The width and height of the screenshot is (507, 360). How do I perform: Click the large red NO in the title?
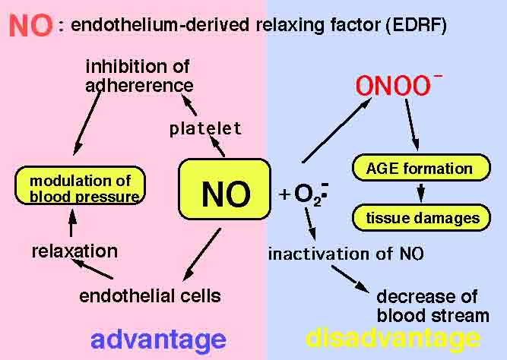30,25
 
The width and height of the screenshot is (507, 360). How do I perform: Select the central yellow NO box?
224,194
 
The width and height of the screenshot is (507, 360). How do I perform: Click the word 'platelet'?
205,128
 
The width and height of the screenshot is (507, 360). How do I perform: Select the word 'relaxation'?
74,251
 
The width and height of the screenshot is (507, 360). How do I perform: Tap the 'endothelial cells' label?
150,295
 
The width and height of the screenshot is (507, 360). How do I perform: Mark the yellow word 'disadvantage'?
393,339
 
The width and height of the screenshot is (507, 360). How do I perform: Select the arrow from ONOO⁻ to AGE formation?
410,126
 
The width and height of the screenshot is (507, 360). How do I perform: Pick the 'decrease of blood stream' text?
432,305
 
